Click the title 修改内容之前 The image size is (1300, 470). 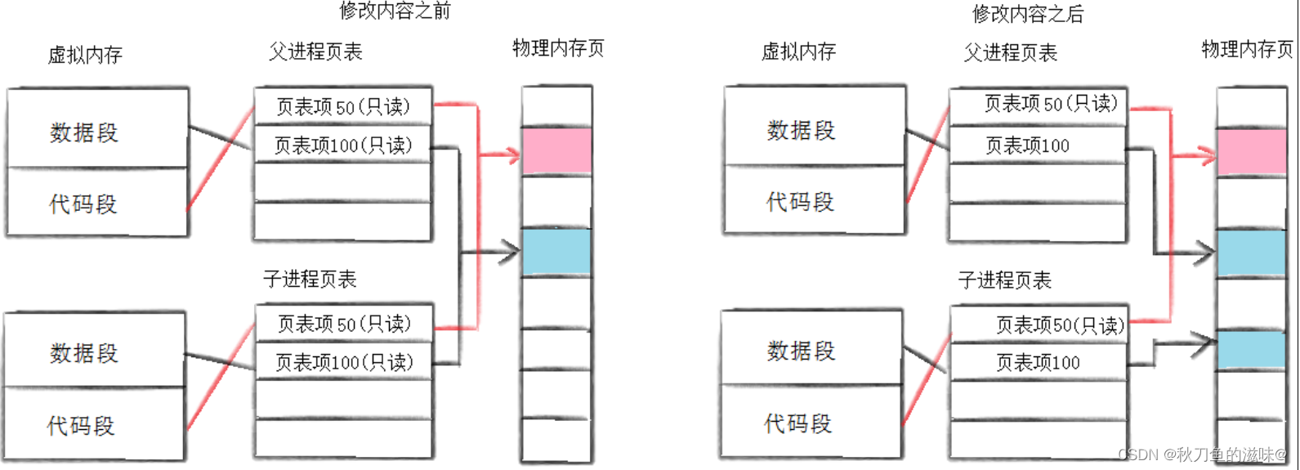395,11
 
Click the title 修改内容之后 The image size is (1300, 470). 1029,13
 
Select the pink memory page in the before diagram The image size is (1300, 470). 557,151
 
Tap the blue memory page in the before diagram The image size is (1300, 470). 557,252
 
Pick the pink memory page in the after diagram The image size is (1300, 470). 1252,152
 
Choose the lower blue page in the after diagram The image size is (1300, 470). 1252,349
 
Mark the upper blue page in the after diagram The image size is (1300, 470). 1252,253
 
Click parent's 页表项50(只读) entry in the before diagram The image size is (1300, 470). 343,106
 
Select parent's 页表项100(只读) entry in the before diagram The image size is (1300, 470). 343,145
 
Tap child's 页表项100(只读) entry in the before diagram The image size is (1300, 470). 344,362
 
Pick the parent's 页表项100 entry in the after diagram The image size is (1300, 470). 1039,145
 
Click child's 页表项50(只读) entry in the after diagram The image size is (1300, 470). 1039,325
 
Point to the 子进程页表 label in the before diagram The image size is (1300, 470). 310,279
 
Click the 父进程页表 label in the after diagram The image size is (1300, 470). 1011,53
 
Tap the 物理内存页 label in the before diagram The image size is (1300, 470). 558,48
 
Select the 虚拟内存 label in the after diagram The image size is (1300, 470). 798,51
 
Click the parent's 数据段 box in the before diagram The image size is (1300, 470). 97,129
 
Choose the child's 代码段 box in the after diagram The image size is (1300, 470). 811,421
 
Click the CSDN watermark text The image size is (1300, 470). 1202,454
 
